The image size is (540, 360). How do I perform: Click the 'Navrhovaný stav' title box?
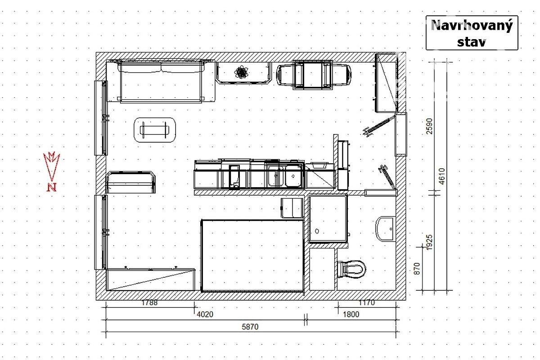[x=472, y=33]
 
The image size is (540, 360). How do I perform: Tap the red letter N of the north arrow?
[x=52, y=187]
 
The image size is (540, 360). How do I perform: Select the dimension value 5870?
[x=250, y=327]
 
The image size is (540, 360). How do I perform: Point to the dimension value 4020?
[x=205, y=314]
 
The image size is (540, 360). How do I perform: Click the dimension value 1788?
[x=149, y=302]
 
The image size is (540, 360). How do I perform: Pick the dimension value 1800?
[x=351, y=314]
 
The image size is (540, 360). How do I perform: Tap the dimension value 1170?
[x=367, y=302]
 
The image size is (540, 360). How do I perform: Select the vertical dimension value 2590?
[x=429, y=126]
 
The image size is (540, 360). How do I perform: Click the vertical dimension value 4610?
[x=441, y=176]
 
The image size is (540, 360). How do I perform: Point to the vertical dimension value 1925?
[x=429, y=243]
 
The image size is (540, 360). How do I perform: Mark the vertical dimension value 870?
[x=417, y=269]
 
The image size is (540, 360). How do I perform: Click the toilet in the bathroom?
[x=352, y=269]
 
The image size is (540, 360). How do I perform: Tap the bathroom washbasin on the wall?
[x=385, y=229]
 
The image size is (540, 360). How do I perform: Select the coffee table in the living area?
[x=155, y=130]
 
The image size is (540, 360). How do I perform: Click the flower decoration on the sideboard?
[x=241, y=72]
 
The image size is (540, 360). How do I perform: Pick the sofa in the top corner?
[x=161, y=81]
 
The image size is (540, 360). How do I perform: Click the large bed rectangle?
[x=252, y=256]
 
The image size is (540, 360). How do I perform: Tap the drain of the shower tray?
[x=317, y=231]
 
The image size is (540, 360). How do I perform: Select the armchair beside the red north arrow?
[x=130, y=182]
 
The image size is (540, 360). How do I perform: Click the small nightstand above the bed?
[x=292, y=208]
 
